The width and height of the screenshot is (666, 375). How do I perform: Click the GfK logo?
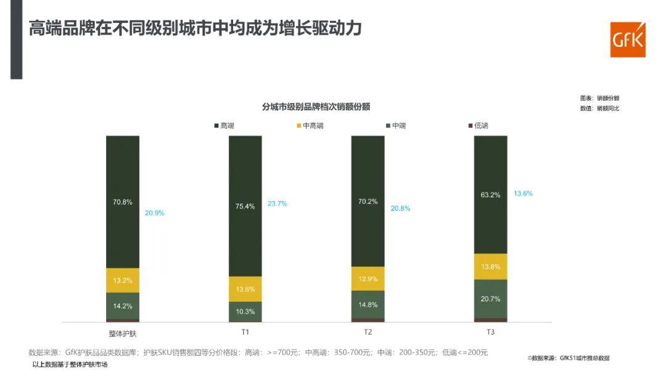pos(627,40)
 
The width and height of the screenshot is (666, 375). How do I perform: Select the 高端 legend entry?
pos(224,126)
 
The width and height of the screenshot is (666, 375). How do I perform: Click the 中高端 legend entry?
pos(310,126)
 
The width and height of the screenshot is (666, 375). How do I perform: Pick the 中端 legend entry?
pos(395,126)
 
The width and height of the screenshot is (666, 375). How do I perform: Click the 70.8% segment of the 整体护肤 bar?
pos(123,202)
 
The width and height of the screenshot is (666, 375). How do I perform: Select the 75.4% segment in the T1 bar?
pos(245,206)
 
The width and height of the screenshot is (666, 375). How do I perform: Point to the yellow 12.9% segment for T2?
pos(368,279)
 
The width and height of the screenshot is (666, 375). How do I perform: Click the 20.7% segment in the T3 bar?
pos(490,299)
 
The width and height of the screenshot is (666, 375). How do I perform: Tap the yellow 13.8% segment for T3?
pos(490,266)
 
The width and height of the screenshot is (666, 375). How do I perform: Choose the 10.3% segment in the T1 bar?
pos(245,311)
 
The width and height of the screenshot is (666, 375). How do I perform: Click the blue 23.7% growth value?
pos(277,204)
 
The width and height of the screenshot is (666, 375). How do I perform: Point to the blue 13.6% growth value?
pos(523,193)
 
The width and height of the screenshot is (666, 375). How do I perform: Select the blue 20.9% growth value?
pos(154,213)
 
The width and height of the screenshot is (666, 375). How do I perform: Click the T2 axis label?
pos(368,332)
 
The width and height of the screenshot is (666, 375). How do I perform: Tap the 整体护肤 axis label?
pos(123,332)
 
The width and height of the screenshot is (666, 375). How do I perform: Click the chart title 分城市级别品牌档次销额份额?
pos(316,107)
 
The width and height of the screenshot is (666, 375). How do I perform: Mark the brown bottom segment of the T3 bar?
pos(490,320)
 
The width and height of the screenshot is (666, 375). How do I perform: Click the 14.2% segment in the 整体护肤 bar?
pos(123,306)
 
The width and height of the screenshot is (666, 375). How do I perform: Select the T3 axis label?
pos(490,332)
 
